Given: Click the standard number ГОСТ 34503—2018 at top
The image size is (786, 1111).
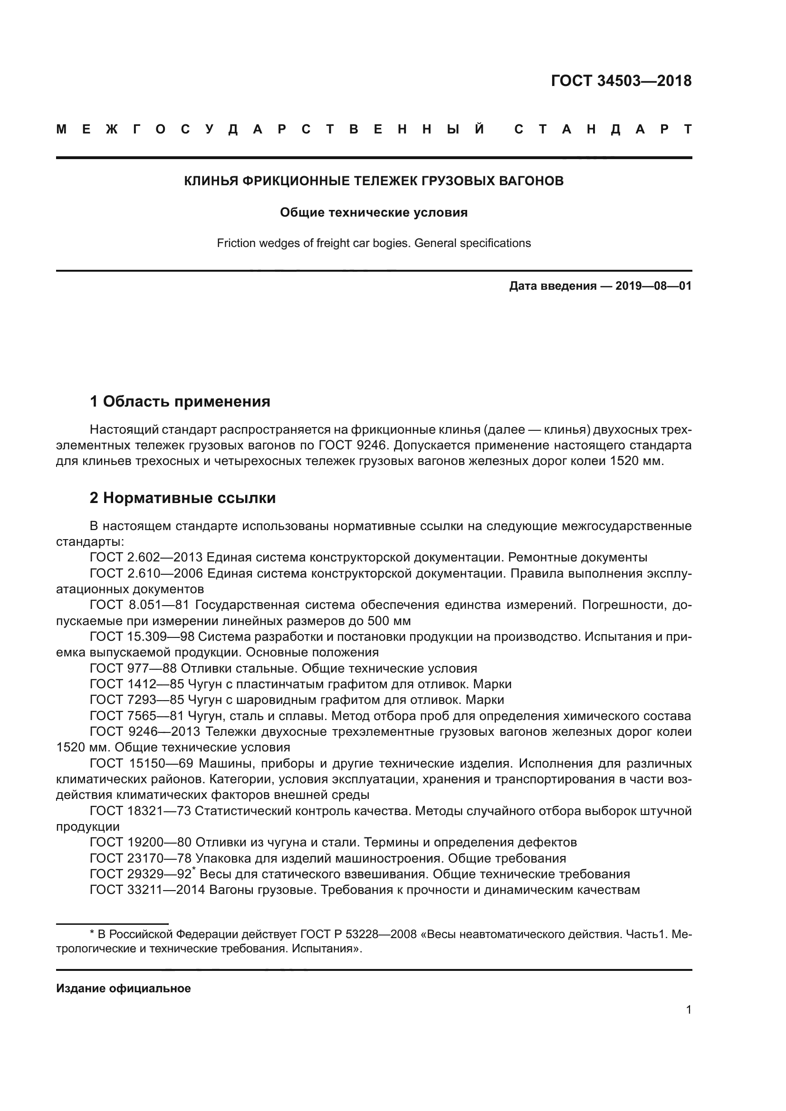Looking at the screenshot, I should [621, 81].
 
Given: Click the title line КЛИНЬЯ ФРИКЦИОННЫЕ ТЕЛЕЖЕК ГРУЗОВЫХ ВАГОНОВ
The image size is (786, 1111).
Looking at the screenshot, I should [374, 181].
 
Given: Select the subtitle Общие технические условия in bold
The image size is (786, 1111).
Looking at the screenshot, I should [374, 212].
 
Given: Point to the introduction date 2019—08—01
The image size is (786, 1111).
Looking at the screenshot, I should [653, 286].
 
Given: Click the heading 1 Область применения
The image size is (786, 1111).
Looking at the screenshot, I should [180, 401].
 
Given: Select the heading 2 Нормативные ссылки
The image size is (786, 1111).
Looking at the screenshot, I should [182, 497].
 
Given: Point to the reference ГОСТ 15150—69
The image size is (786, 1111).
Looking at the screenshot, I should [142, 764].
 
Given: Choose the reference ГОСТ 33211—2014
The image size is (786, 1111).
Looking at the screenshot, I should [148, 890].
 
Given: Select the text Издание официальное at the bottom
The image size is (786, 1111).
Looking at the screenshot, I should [124, 988].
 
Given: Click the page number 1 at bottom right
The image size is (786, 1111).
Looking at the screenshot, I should [688, 1010].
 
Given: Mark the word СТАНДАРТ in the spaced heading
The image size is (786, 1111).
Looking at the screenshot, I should [603, 130].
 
